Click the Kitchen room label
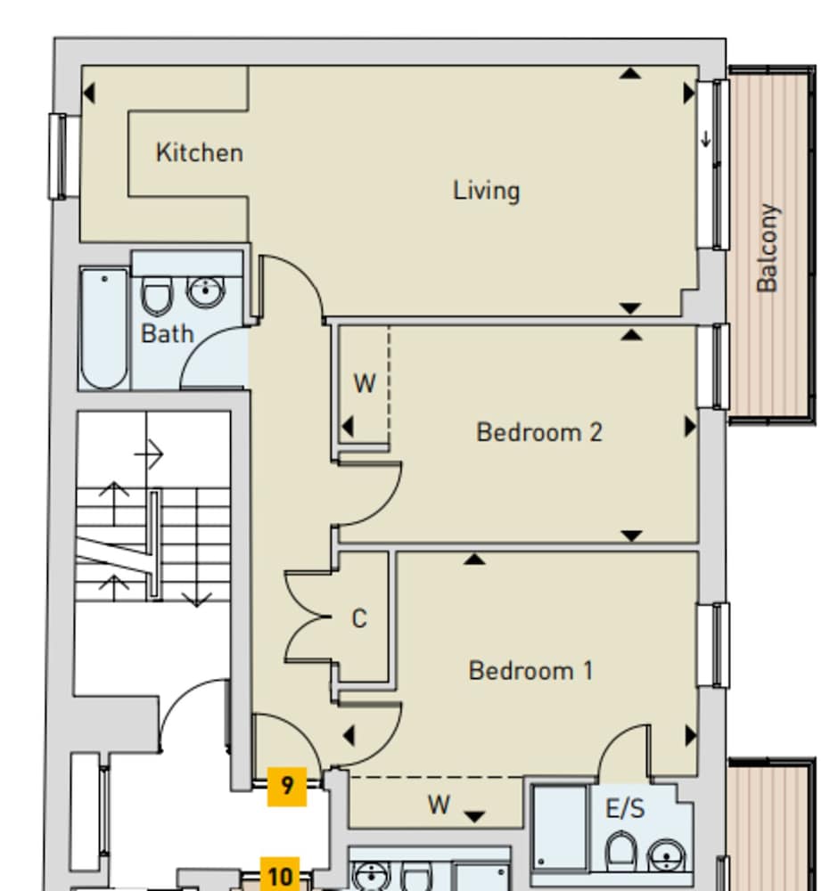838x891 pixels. (x=199, y=152)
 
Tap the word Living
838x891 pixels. (x=486, y=191)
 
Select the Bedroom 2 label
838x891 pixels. (x=539, y=432)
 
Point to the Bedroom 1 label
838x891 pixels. (x=530, y=670)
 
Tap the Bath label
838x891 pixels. (x=167, y=334)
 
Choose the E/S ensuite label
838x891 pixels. (x=625, y=809)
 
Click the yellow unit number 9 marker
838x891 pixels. (x=287, y=786)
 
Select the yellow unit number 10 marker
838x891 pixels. (x=280, y=877)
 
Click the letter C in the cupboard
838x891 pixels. (x=358, y=618)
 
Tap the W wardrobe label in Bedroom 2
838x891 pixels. (x=365, y=384)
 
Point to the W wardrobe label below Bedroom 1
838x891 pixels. (x=438, y=805)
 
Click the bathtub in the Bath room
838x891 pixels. (x=103, y=328)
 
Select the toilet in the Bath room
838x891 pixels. (x=157, y=296)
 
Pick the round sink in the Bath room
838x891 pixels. (x=207, y=291)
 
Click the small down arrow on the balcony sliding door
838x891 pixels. (x=707, y=138)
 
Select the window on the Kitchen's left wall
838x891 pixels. (x=59, y=156)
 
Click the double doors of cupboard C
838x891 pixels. (x=307, y=617)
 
